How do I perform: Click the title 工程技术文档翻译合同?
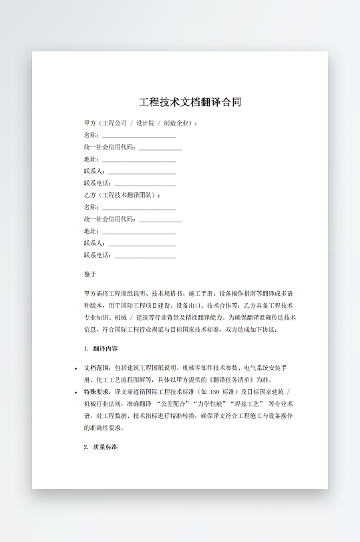(190, 102)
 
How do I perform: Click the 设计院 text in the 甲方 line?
(144, 123)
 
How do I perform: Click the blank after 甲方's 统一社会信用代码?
(160, 148)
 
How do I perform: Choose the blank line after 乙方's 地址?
(139, 232)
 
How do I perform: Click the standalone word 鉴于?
(90, 274)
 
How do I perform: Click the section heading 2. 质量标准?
(101, 447)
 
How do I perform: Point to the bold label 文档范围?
(98, 368)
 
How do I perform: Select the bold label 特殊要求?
(98, 392)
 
